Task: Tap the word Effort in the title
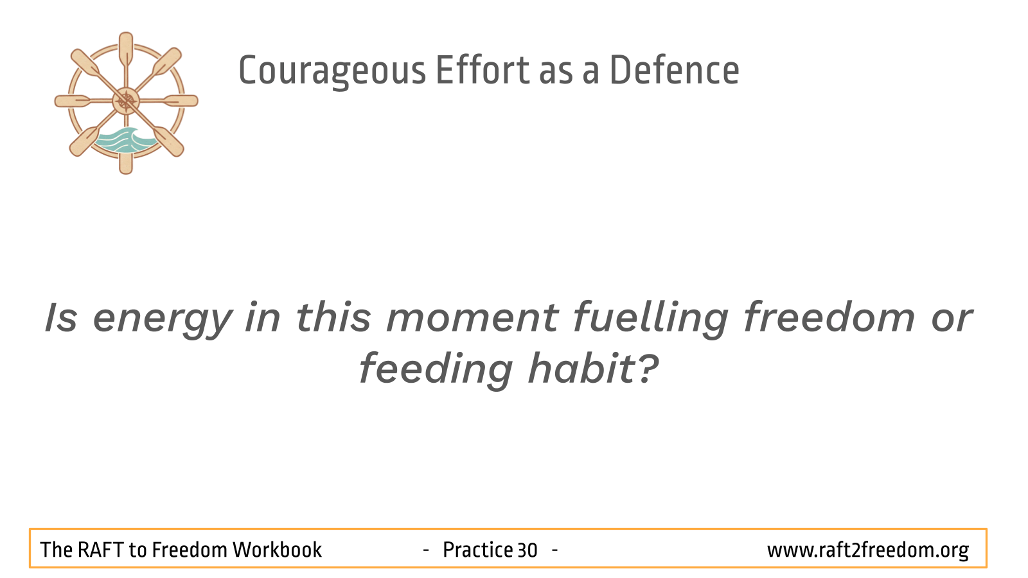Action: pyautogui.click(x=483, y=70)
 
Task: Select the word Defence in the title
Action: pyautogui.click(x=675, y=70)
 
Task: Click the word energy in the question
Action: pyautogui.click(x=163, y=320)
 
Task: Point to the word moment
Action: pyautogui.click(x=473, y=317)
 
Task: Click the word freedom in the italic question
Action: pyautogui.click(x=829, y=317)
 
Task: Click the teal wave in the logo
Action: pyautogui.click(x=124, y=141)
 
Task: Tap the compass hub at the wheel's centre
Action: pyautogui.click(x=126, y=101)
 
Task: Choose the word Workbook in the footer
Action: pyautogui.click(x=277, y=550)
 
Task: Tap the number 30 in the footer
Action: pyautogui.click(x=527, y=550)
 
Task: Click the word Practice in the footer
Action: pyautogui.click(x=478, y=550)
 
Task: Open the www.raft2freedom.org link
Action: pyautogui.click(x=868, y=550)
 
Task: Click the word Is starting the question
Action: pyautogui.click(x=60, y=318)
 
